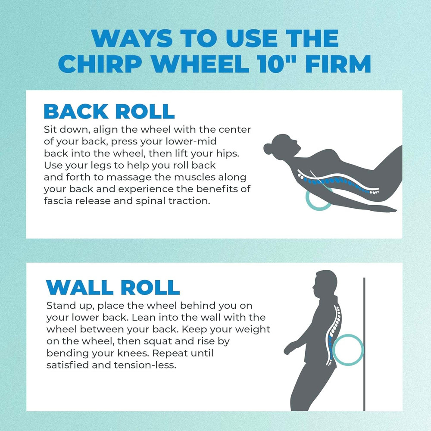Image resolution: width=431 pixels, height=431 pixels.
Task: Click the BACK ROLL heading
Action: point(109,111)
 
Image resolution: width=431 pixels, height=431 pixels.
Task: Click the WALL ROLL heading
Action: point(112,287)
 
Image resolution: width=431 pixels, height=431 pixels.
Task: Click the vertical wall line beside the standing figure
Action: point(364,345)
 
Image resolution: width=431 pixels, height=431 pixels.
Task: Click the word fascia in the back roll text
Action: point(59,201)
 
